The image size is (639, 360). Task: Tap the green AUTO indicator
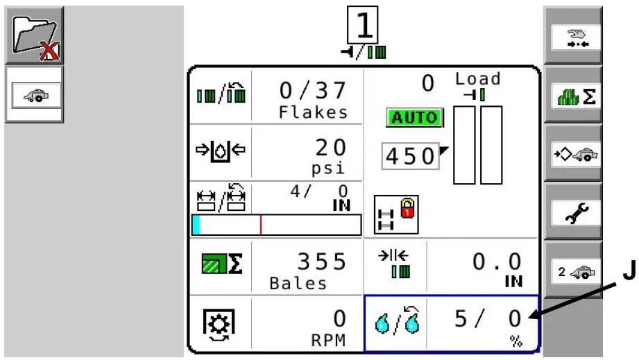coord(414,118)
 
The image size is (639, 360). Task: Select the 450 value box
coord(410,157)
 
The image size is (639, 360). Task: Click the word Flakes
coord(313,112)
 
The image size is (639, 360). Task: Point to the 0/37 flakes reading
coord(312,90)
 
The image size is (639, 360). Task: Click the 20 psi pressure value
coord(330,148)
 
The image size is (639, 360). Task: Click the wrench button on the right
coord(572,214)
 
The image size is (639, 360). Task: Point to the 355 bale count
coord(321,262)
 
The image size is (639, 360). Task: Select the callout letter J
coord(628,273)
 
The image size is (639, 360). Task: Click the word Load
coord(477,79)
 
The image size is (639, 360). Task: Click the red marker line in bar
coord(261,225)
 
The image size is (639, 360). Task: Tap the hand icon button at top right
coord(572,39)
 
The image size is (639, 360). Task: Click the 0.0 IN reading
coord(497,262)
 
